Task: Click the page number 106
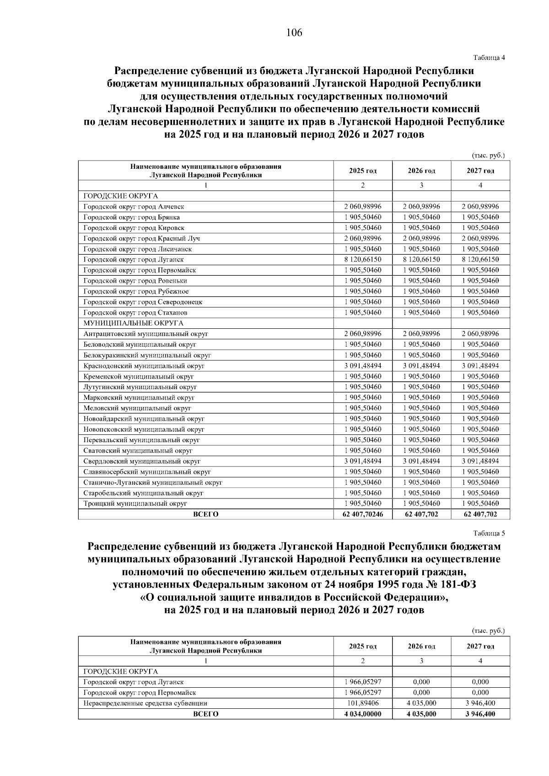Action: pyautogui.click(x=294, y=33)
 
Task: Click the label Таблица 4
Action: pyautogui.click(x=489, y=58)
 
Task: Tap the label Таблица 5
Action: pyautogui.click(x=489, y=533)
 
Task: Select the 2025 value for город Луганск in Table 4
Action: pyautogui.click(x=363, y=260)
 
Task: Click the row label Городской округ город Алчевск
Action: pyautogui.click(x=134, y=207)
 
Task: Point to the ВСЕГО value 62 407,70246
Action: pyautogui.click(x=363, y=514)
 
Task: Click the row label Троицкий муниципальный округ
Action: pyautogui.click(x=135, y=503)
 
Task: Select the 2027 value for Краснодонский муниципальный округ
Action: pyautogui.click(x=480, y=366)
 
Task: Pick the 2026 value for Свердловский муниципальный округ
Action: pyautogui.click(x=421, y=461)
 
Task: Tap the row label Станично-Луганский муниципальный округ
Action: pyautogui.click(x=153, y=482)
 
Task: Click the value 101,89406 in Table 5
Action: pyautogui.click(x=363, y=703)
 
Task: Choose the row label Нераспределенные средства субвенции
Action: pyautogui.click(x=145, y=703)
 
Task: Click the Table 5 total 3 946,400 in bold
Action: pyautogui.click(x=480, y=714)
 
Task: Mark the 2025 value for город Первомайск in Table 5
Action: pyautogui.click(x=363, y=693)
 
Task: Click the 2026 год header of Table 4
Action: pyautogui.click(x=421, y=171)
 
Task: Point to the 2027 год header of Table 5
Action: pyautogui.click(x=480, y=647)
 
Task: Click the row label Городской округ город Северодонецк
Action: pyautogui.click(x=143, y=302)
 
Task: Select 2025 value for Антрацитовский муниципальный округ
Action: pyautogui.click(x=363, y=334)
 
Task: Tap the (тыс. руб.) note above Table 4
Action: pyautogui.click(x=488, y=155)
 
